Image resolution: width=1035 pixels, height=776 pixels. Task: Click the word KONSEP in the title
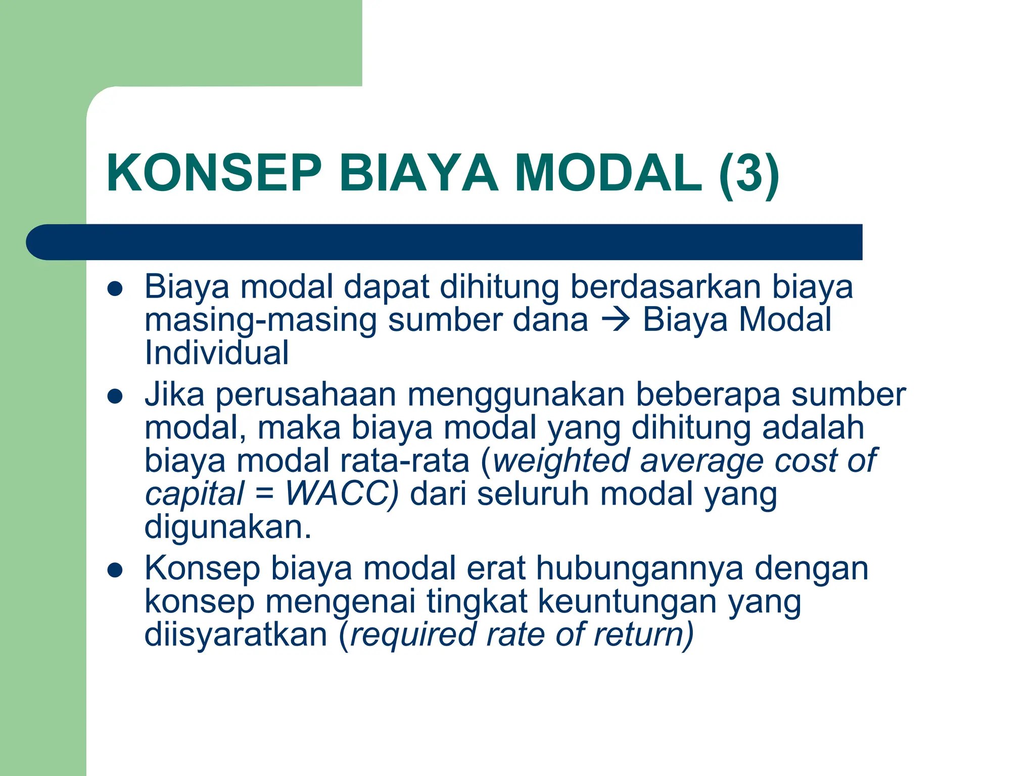(x=214, y=173)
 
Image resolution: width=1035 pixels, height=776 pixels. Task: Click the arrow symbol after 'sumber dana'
(x=616, y=319)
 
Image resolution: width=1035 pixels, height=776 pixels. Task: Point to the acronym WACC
(x=342, y=493)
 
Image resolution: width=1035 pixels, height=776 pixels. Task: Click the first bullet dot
(x=116, y=288)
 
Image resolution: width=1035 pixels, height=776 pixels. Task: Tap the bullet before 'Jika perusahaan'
(x=116, y=397)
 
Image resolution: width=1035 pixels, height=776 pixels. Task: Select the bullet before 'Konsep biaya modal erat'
(x=116, y=570)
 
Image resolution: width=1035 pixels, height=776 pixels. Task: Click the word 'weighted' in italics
(x=561, y=461)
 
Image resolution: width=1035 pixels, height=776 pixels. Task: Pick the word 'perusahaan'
(x=306, y=395)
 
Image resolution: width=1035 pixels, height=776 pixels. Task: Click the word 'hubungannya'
(x=640, y=569)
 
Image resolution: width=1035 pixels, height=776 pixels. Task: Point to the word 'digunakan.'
(x=228, y=528)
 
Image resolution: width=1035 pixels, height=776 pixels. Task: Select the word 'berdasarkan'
(x=666, y=287)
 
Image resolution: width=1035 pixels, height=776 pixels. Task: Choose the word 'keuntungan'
(x=627, y=602)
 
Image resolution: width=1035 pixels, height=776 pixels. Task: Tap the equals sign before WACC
(x=264, y=493)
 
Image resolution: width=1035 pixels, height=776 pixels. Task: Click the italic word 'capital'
(x=195, y=494)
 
